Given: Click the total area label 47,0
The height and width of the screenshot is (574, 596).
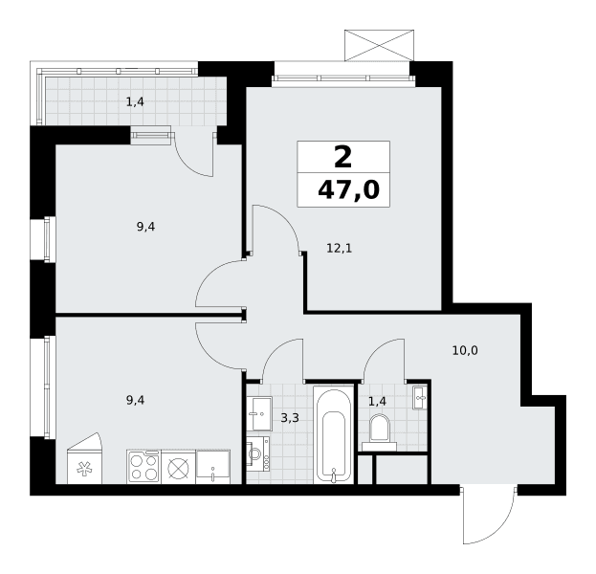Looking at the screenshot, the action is click(348, 189).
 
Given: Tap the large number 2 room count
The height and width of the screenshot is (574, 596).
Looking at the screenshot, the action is click(342, 157).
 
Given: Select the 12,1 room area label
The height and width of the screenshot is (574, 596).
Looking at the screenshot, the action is click(340, 249).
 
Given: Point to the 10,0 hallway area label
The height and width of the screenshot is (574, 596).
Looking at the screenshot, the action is click(465, 350).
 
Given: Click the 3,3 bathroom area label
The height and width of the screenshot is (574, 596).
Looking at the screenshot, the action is click(290, 418).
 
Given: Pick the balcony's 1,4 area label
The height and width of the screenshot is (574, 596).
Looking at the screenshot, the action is click(135, 101).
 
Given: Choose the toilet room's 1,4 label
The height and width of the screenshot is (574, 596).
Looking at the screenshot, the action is click(378, 401).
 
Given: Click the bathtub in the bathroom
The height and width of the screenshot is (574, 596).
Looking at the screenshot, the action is click(333, 435).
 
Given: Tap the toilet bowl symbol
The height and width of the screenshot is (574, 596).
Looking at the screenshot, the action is click(380, 432).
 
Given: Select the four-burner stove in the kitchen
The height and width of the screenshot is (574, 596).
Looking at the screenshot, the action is click(144, 467).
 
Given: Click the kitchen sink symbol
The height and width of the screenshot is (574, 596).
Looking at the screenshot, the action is click(212, 467).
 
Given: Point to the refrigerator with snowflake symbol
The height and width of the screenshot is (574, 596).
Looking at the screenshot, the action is click(84, 459).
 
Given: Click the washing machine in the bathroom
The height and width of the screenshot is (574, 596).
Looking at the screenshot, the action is click(258, 453).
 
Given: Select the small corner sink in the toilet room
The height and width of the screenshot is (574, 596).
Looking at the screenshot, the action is click(420, 398).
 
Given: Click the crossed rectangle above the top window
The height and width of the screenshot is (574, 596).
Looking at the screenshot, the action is click(380, 45).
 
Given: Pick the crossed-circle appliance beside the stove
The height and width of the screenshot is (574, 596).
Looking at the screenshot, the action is click(178, 467).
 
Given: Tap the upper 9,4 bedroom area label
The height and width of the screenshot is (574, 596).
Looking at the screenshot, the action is click(146, 228).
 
